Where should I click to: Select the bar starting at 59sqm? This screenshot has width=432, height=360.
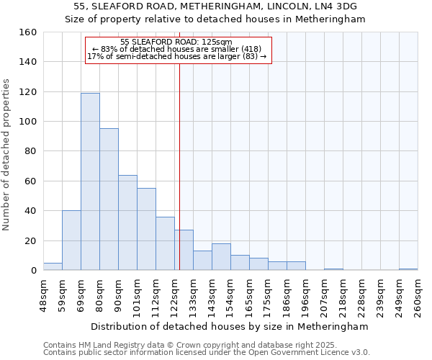tap(71, 240)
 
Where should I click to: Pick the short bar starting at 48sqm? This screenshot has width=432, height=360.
tap(53, 266)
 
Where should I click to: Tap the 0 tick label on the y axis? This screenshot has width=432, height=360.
tap(33, 271)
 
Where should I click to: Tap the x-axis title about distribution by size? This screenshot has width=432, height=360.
tap(228, 326)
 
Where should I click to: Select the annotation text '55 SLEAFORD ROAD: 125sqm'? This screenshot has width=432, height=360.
tap(176, 42)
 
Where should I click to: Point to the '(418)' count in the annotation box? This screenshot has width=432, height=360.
tap(257, 49)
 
